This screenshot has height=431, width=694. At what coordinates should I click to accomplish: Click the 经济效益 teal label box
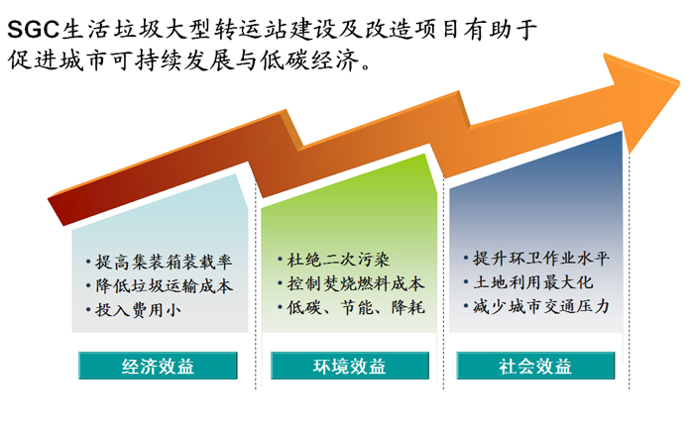(x=158, y=366)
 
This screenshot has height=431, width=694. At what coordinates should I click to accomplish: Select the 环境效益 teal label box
(x=350, y=366)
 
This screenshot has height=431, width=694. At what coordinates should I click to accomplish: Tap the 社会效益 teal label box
(x=535, y=366)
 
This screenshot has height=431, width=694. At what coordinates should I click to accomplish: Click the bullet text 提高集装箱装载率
(x=164, y=262)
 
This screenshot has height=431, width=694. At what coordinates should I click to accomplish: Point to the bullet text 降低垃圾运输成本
(x=165, y=286)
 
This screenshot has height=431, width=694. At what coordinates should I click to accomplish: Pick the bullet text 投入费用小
(x=138, y=310)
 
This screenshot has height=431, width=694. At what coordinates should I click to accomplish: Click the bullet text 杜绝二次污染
(x=338, y=260)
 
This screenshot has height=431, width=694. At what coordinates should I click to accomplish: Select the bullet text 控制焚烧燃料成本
(x=355, y=283)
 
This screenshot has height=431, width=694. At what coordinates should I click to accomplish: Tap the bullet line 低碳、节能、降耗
(x=356, y=307)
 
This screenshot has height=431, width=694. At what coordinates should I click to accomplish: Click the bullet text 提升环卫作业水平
(x=541, y=258)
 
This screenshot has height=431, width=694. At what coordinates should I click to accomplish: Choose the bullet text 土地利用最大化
(x=533, y=281)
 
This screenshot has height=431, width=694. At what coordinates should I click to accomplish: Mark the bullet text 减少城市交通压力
(x=541, y=306)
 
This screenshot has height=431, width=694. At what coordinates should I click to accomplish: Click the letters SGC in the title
(x=33, y=30)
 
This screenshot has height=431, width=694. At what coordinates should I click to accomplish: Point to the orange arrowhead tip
(x=679, y=82)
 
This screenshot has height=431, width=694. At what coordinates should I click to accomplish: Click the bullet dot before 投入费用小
(x=88, y=310)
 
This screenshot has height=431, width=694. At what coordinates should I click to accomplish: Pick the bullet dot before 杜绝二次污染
(x=280, y=260)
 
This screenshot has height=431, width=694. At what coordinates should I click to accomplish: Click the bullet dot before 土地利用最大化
(x=466, y=281)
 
